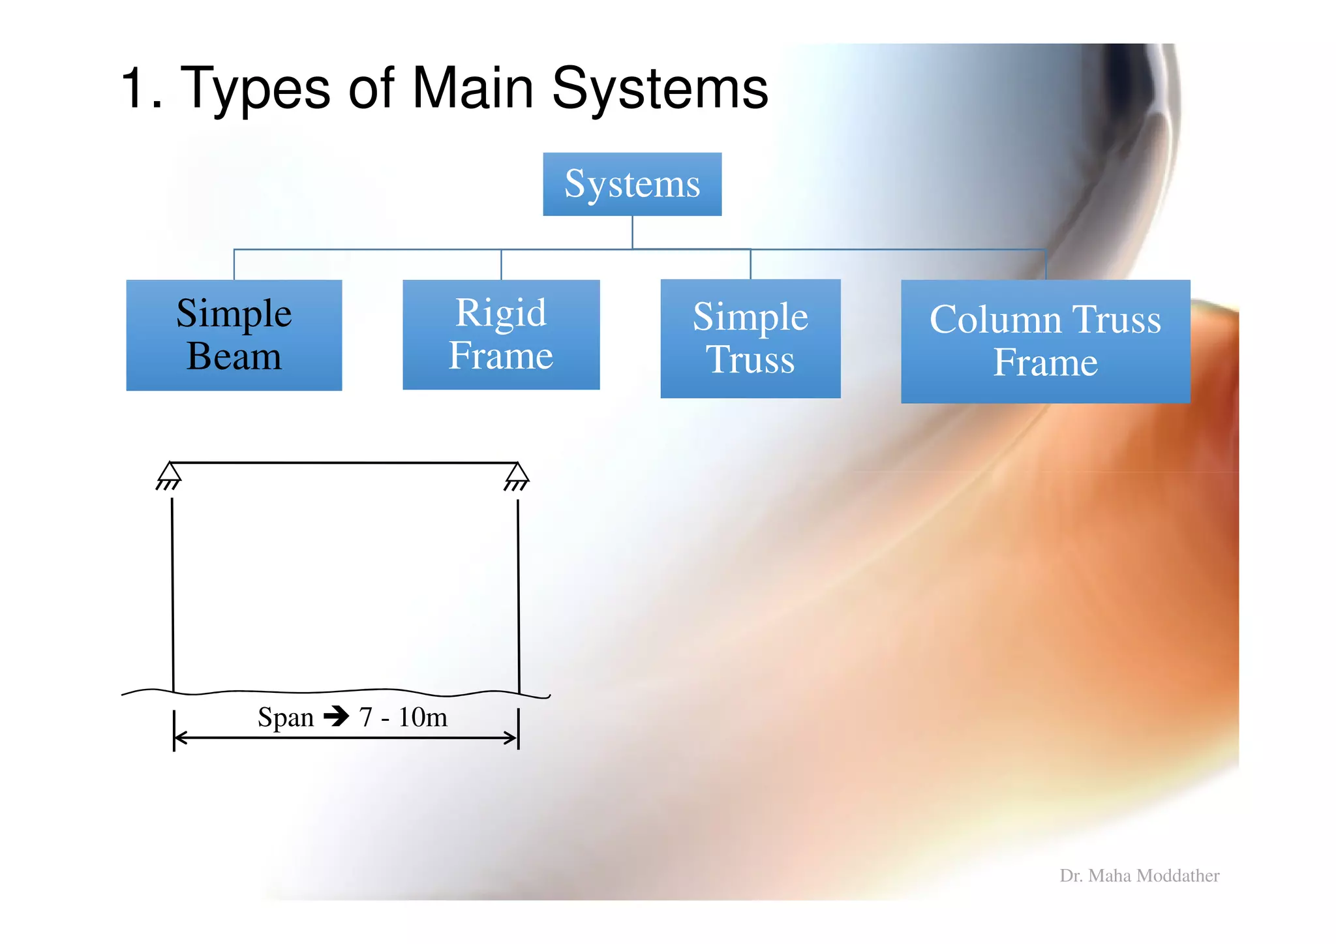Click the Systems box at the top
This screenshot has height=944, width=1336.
point(632,184)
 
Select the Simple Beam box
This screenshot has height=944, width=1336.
point(234,335)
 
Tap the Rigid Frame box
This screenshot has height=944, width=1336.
point(501,334)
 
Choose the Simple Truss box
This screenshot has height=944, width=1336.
point(750,338)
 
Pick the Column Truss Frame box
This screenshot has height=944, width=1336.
point(1045,341)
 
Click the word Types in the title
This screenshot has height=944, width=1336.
point(254,89)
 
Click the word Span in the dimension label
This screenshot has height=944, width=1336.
point(286,717)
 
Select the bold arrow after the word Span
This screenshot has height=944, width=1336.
point(337,716)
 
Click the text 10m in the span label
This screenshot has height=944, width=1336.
point(423,717)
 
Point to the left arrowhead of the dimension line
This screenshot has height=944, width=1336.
point(181,738)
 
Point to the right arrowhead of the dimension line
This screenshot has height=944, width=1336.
point(510,738)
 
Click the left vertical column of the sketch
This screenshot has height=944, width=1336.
point(173,594)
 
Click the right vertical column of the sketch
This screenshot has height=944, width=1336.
point(519,594)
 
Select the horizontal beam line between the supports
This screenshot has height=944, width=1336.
point(344,463)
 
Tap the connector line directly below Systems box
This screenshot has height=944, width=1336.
point(632,232)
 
